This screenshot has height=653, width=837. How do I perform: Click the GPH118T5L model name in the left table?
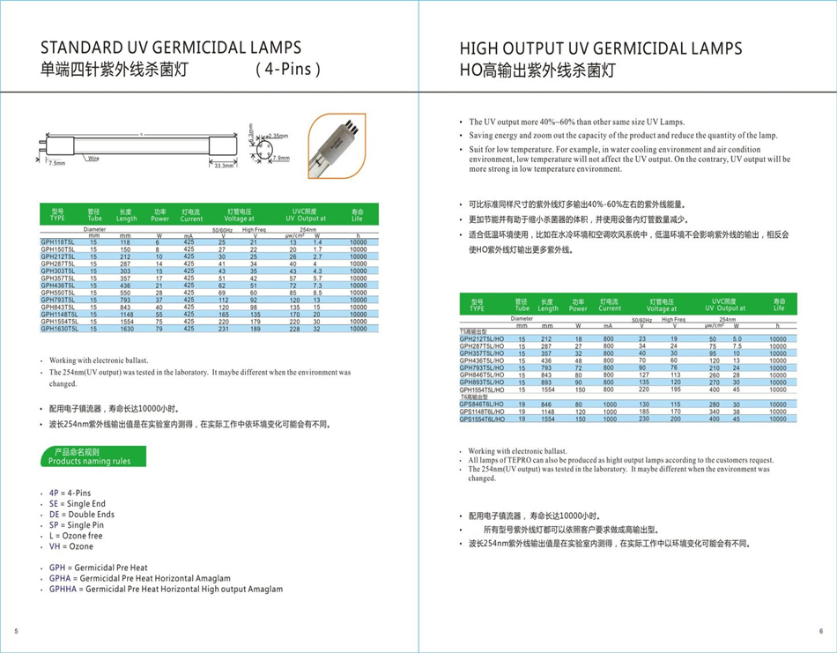click(57, 241)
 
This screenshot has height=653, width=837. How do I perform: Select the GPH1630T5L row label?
click(59, 329)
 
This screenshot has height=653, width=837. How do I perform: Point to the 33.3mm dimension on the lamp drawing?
click(225, 165)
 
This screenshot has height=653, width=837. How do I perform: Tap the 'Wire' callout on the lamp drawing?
click(93, 159)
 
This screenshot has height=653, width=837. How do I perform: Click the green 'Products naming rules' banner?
click(89, 456)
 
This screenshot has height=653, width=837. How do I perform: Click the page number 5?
click(16, 631)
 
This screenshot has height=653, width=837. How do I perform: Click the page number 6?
click(820, 631)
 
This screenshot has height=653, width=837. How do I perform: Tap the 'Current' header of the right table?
click(610, 309)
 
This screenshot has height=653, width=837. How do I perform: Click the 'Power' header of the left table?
click(160, 219)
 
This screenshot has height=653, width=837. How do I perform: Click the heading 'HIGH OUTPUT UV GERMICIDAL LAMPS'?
click(601, 48)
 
